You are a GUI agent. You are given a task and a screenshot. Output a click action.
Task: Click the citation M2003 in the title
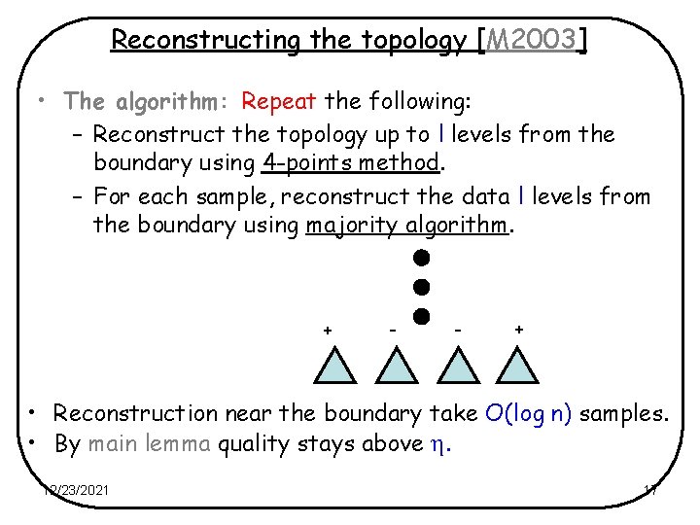click(x=534, y=40)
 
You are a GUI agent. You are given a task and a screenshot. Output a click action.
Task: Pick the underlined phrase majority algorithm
click(x=408, y=226)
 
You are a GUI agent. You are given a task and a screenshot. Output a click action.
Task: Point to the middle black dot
click(x=420, y=287)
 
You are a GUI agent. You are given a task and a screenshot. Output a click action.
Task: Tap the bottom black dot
click(x=420, y=317)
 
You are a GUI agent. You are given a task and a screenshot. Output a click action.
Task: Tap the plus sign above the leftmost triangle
click(x=328, y=331)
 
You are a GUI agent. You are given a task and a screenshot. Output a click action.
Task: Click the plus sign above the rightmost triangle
click(x=519, y=330)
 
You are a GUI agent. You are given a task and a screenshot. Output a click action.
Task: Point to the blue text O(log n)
click(x=530, y=413)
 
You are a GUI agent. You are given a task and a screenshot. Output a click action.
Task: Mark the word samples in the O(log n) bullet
click(x=625, y=413)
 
